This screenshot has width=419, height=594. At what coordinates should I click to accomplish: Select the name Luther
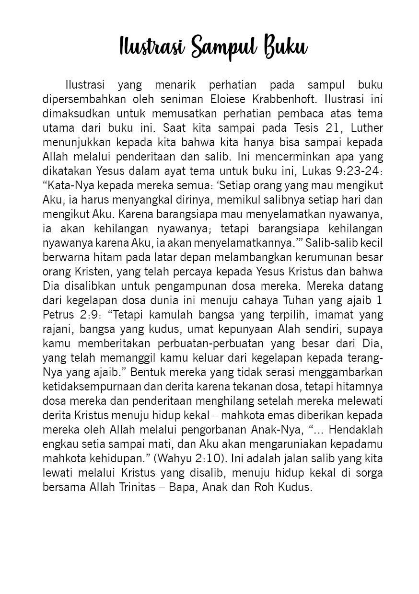[x=367, y=129]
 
